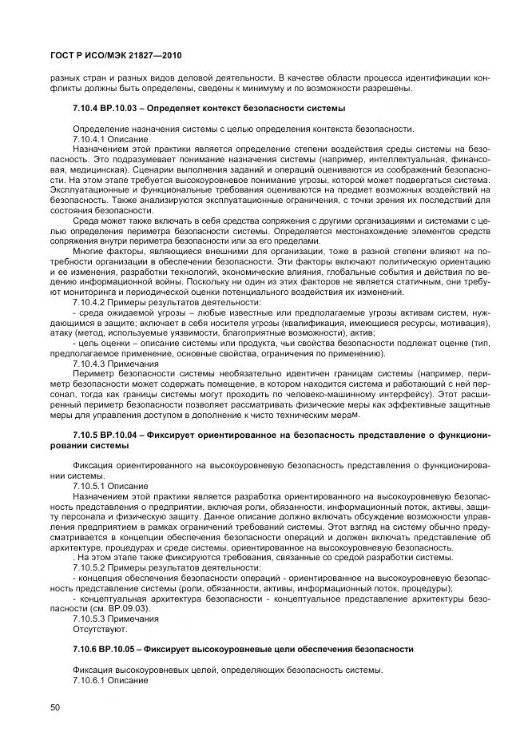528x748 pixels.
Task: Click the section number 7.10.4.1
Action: [x=86, y=139]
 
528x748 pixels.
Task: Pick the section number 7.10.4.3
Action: [x=86, y=363]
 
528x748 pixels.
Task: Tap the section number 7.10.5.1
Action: [x=86, y=485]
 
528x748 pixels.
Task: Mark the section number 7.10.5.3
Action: [x=86, y=619]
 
